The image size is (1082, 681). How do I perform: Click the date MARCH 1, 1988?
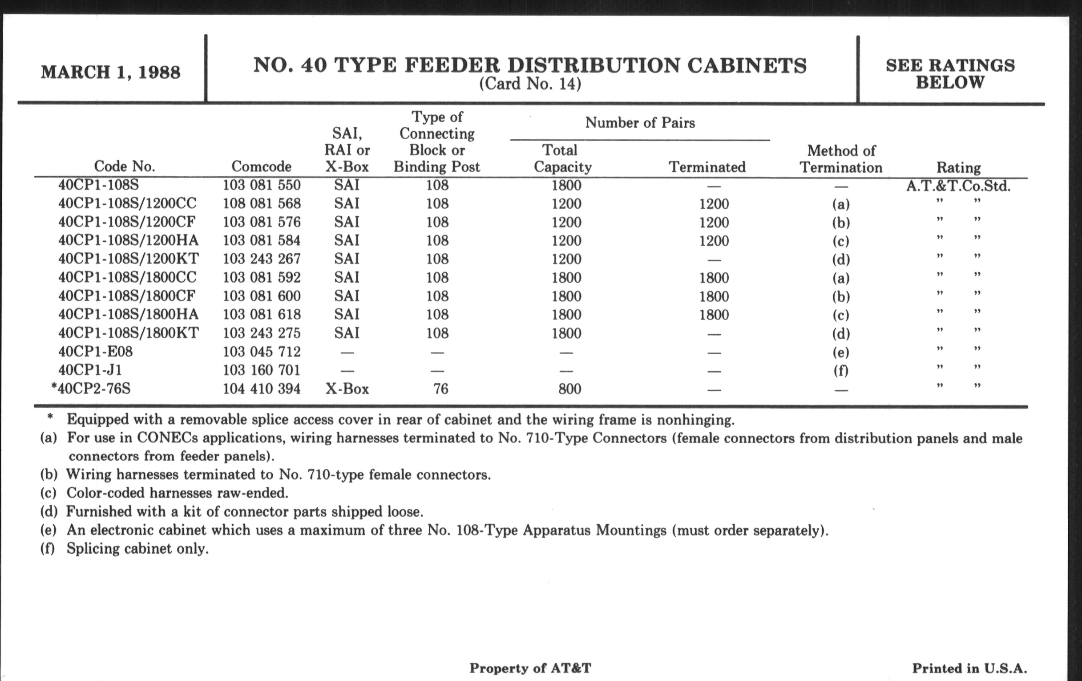(x=110, y=73)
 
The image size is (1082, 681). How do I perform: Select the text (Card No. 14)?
(x=530, y=84)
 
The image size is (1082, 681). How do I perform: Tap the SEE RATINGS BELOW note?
(x=950, y=74)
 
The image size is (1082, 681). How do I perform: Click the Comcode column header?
(x=261, y=167)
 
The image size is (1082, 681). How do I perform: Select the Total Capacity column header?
(x=562, y=158)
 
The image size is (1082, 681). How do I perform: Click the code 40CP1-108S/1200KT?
(x=128, y=259)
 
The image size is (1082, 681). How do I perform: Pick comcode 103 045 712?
(x=262, y=352)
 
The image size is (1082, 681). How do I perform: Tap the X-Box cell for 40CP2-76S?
(x=347, y=389)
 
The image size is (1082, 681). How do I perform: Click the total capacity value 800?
(x=569, y=389)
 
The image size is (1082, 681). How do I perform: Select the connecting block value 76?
(x=440, y=389)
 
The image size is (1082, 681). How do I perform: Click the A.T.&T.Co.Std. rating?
(x=958, y=186)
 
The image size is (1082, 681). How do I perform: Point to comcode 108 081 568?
(x=262, y=203)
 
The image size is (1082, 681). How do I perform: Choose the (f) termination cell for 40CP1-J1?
(x=840, y=371)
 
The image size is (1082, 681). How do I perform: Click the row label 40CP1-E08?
(x=95, y=352)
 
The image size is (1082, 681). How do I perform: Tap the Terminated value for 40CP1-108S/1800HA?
(x=714, y=315)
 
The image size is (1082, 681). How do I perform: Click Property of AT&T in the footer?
(x=530, y=669)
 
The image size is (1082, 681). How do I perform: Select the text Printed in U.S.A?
(x=969, y=669)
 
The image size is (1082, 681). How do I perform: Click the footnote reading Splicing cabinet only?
(x=137, y=549)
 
